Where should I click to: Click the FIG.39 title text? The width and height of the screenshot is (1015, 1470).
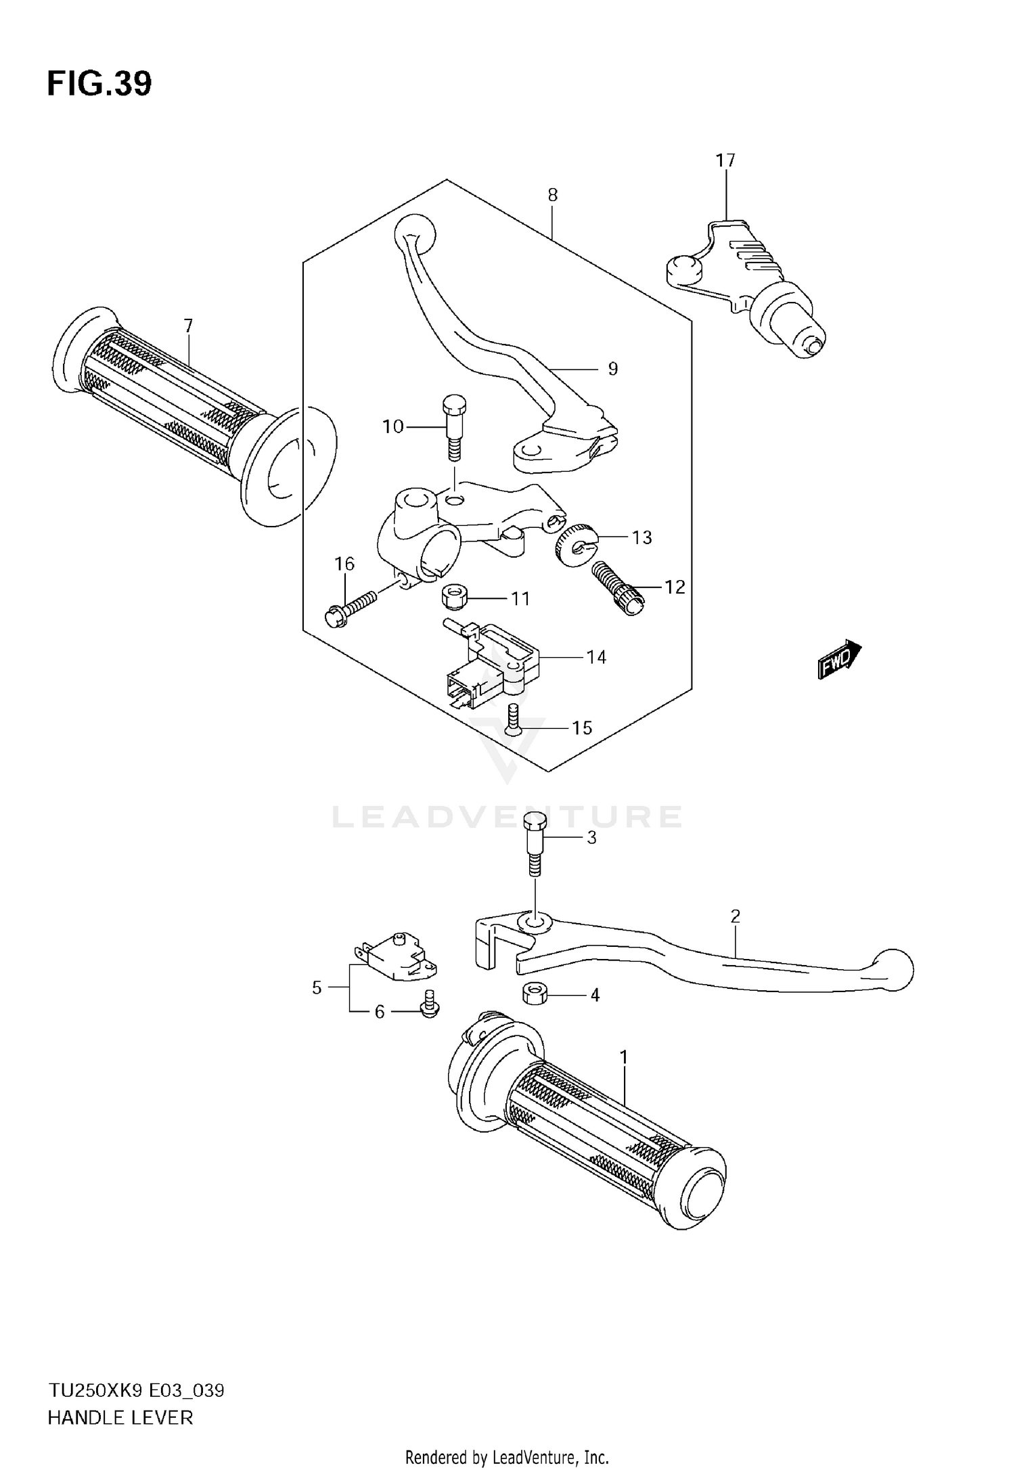[99, 85]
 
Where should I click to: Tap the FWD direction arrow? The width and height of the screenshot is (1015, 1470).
[838, 660]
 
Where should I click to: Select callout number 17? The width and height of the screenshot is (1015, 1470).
[725, 161]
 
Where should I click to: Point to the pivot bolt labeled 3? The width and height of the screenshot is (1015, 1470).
[535, 843]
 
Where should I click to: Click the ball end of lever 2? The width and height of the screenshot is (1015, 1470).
[895, 969]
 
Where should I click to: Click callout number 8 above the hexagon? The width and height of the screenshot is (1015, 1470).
[552, 196]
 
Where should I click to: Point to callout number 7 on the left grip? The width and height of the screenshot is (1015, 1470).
[188, 326]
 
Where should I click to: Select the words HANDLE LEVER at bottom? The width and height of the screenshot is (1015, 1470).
[120, 1418]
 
